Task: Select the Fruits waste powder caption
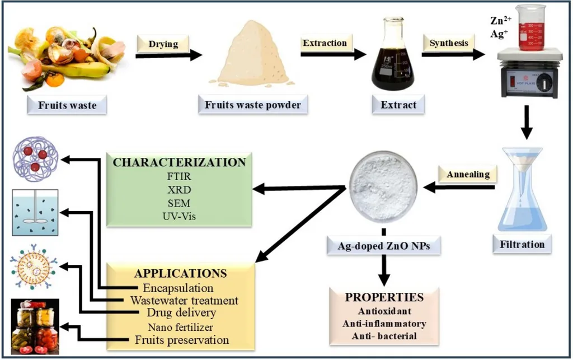pos(253,105)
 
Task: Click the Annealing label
pos(468,174)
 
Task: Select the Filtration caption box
pos(518,244)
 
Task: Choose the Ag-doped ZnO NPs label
pos(383,245)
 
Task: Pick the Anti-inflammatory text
pos(383,324)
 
